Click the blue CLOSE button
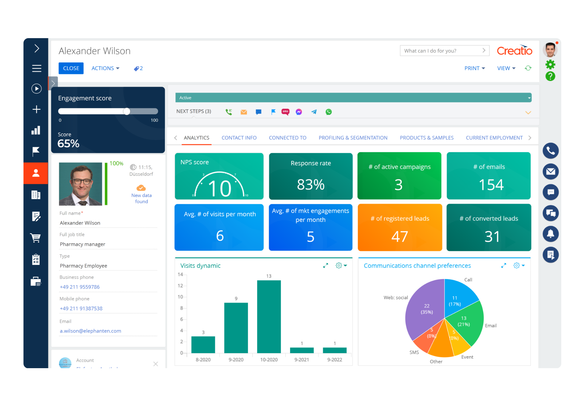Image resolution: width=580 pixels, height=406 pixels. [71, 68]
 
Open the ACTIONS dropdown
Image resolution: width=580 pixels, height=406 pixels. [105, 68]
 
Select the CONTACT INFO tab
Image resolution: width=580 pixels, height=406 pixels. [239, 138]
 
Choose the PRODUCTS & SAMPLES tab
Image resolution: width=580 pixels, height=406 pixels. [426, 138]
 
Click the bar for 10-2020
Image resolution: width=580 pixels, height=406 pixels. [269, 317]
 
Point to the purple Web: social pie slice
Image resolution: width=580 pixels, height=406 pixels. [424, 308]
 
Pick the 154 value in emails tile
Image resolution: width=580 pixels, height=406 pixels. [491, 185]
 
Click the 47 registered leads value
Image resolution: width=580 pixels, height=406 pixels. [400, 237]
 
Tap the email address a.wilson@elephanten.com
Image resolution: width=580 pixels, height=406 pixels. [90, 331]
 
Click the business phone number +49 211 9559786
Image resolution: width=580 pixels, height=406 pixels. [80, 287]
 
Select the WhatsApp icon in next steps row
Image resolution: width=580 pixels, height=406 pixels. [329, 112]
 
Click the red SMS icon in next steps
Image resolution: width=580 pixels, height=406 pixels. [285, 112]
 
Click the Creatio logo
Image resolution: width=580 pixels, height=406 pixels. [514, 50]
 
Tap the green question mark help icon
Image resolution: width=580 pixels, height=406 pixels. [550, 76]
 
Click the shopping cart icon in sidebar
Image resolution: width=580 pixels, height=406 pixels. [36, 238]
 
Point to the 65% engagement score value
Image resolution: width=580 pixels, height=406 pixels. [69, 144]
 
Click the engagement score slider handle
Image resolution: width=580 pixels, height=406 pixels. [127, 111]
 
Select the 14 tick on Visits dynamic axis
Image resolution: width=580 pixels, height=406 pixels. [180, 274]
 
